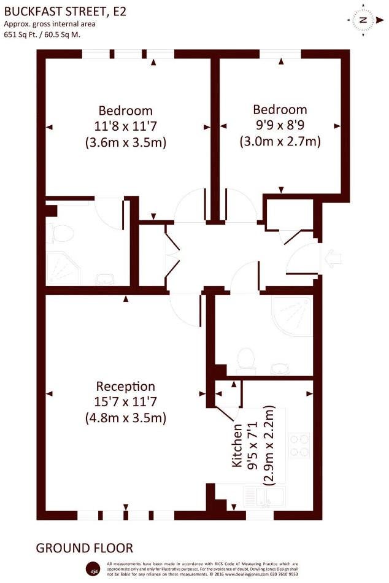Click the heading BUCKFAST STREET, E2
[65, 12]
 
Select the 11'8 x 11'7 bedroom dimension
[125, 126]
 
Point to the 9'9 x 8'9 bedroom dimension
[280, 125]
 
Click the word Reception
[125, 386]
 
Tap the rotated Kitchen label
[237, 446]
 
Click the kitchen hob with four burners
[299, 445]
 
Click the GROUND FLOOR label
[85, 547]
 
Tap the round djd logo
[92, 569]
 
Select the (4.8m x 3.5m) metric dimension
[125, 418]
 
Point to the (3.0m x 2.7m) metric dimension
[280, 141]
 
